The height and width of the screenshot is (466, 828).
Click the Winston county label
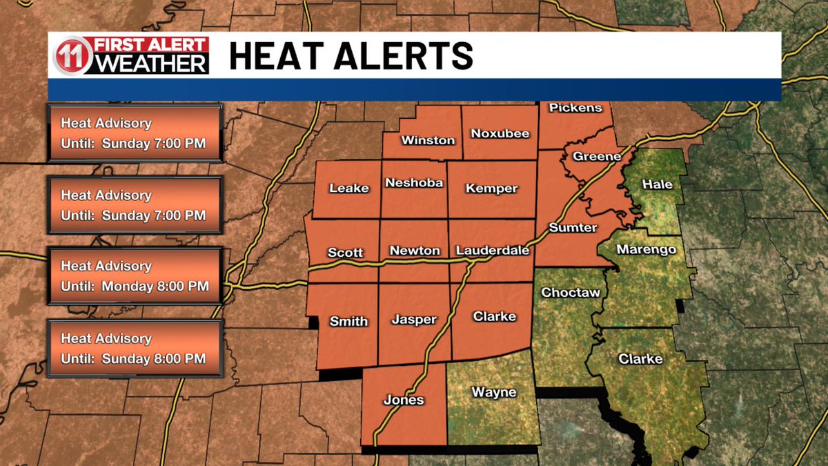pos(428,140)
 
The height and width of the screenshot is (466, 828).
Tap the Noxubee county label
pos(500,133)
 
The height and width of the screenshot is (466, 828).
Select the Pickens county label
pos(575,108)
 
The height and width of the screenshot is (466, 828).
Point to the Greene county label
pos(597,157)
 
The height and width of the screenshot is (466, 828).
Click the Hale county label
pos(657,184)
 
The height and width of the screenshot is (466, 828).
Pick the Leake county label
pos(349,188)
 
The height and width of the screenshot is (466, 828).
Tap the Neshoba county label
pos(414,183)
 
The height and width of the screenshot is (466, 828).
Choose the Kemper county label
pos(491,188)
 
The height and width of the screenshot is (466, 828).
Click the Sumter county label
pos(573,227)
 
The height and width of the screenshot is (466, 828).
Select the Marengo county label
pos(646,249)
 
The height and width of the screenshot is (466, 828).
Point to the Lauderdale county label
pos(493,251)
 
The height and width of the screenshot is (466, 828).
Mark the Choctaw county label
pos(570,293)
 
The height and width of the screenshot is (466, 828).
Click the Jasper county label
pos(414,319)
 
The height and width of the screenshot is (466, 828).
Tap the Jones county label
pos(404,400)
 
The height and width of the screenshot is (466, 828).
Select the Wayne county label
pos(493,392)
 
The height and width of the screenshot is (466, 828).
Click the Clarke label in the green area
pos(640,359)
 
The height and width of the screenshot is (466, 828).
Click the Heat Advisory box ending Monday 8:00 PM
pos(135,275)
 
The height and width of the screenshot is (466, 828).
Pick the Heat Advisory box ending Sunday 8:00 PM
pos(135,348)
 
